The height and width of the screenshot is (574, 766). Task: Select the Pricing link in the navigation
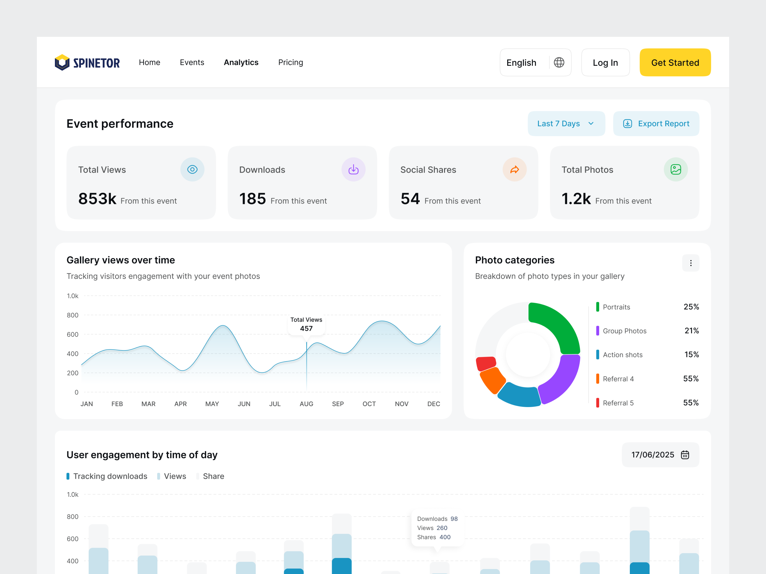[291, 62]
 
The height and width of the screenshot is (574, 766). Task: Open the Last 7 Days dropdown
[566, 123]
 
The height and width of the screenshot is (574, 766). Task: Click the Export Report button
[656, 123]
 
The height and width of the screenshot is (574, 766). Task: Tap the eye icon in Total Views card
[192, 170]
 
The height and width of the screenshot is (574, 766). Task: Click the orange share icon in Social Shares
[515, 170]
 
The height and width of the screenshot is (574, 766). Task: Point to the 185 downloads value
[253, 199]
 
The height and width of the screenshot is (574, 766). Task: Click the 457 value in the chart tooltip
[306, 329]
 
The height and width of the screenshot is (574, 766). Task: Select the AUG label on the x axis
[306, 404]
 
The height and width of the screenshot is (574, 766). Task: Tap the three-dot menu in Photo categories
[691, 263]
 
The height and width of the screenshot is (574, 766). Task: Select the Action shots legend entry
[622, 355]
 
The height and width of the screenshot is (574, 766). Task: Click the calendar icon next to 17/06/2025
[685, 455]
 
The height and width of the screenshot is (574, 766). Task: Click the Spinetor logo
[87, 63]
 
